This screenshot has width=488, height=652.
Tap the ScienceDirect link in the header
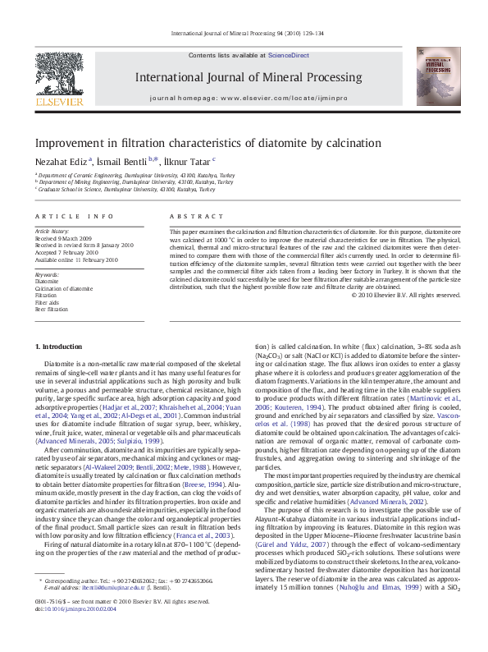pos(288,54)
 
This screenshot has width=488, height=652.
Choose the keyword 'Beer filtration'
pos(51,310)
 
